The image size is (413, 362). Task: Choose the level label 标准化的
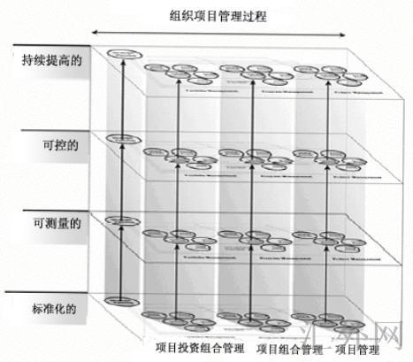[52, 311]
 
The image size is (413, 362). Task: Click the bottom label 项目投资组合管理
[200, 349]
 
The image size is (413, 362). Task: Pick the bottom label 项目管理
[368, 350]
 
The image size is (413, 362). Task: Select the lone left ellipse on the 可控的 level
[120, 139]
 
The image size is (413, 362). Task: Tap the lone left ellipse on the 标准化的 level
[117, 301]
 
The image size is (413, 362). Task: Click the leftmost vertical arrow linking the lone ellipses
[120, 177]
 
